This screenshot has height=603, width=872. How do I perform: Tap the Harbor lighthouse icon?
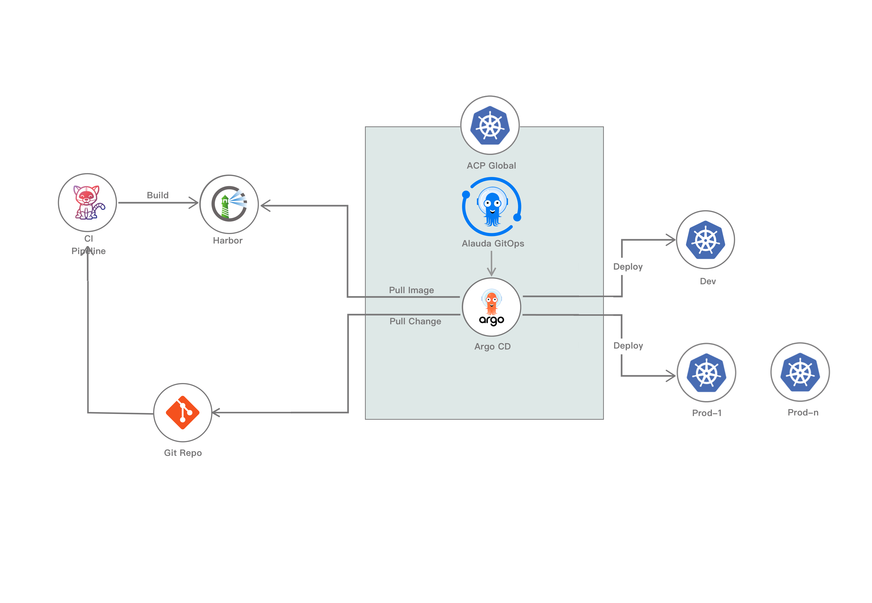(x=229, y=204)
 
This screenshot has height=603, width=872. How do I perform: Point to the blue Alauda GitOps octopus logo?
(x=491, y=207)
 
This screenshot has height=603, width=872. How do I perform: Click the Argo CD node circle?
(x=491, y=307)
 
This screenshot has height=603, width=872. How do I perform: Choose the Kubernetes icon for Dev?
(x=705, y=240)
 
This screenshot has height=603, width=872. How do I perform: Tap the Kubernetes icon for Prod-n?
(x=800, y=372)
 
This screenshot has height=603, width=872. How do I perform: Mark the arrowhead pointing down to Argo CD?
(x=491, y=272)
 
